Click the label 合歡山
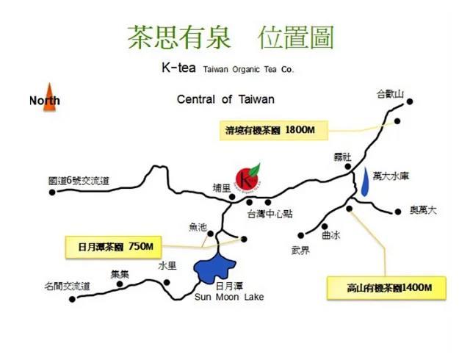(x=390, y=94)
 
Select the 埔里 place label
(x=221, y=188)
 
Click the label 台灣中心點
(x=270, y=214)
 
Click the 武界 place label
(x=302, y=251)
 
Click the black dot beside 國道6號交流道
(x=52, y=193)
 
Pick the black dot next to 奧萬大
(x=399, y=211)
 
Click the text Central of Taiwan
(x=225, y=99)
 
